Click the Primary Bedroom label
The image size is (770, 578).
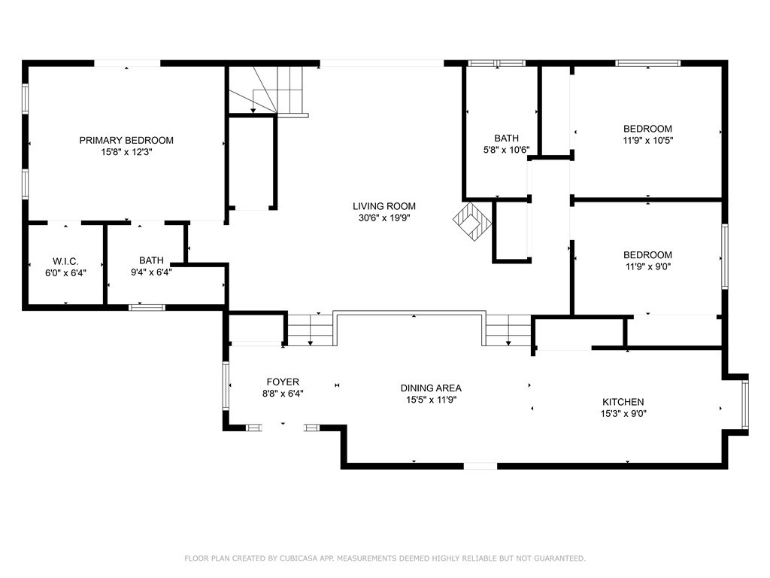pyautogui.click(x=126, y=141)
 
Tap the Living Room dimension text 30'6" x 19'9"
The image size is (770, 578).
pyautogui.click(x=384, y=218)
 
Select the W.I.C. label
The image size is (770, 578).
pyautogui.click(x=65, y=261)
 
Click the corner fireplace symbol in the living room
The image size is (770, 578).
pyautogui.click(x=472, y=221)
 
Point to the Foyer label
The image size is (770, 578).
pyautogui.click(x=283, y=382)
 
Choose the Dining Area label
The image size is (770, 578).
pyautogui.click(x=431, y=388)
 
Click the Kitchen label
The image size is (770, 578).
pyautogui.click(x=623, y=402)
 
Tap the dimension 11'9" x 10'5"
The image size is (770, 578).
pyautogui.click(x=647, y=141)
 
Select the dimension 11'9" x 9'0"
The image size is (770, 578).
pyautogui.click(x=647, y=267)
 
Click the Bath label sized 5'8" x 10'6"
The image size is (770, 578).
pyautogui.click(x=506, y=138)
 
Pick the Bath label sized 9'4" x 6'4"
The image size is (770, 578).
pyautogui.click(x=151, y=260)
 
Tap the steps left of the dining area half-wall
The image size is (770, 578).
pyautogui.click(x=311, y=330)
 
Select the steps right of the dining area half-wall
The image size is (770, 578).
pyautogui.click(x=508, y=330)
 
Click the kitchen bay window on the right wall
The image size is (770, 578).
pyautogui.click(x=745, y=404)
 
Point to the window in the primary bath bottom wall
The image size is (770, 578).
pyautogui.click(x=147, y=308)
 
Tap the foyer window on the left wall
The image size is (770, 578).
pyautogui.click(x=226, y=386)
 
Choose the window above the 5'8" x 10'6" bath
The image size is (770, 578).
pyautogui.click(x=496, y=63)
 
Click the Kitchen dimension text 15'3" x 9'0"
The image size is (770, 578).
pyautogui.click(x=623, y=414)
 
